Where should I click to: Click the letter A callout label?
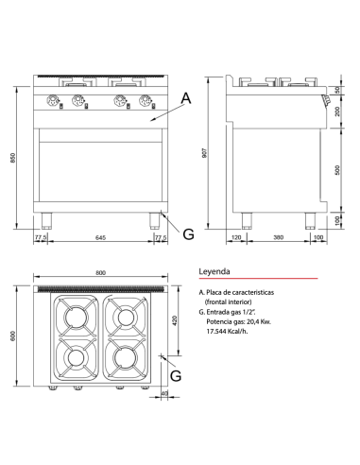pos(185,97)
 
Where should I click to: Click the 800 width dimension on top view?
pos(100,273)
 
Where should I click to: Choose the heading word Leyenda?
pos(214,270)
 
